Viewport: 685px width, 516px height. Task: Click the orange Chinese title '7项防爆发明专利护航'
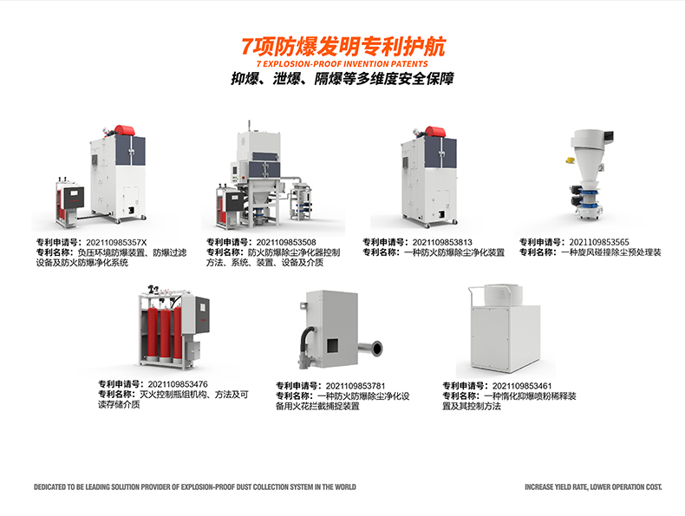pos(343,47)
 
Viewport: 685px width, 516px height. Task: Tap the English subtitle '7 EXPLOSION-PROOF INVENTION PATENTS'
pos(342,64)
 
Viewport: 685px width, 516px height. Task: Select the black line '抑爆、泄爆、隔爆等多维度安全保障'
pos(342,79)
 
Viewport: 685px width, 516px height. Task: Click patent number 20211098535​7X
pos(116,243)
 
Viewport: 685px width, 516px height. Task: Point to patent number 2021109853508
pos(286,242)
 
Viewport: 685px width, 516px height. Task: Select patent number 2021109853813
pos(442,242)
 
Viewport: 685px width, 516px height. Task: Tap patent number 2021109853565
pos(599,242)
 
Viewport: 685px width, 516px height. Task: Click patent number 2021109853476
pos(178,384)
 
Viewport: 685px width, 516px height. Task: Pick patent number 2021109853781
pos(356,386)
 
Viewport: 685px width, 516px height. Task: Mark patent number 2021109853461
pos(522,386)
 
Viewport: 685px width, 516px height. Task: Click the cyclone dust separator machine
pos(590,174)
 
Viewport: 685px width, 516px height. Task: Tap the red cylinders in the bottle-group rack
pos(164,334)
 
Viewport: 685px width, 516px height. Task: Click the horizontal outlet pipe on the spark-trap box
pos(370,349)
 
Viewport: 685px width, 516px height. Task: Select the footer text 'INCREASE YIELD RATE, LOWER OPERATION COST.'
pos(593,487)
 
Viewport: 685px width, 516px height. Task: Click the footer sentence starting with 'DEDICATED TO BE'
pos(195,487)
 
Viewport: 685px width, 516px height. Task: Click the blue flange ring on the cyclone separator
pos(588,193)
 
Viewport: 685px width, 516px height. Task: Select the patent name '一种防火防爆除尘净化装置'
pos(454,252)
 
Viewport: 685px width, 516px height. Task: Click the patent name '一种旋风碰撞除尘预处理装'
pos(611,252)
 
